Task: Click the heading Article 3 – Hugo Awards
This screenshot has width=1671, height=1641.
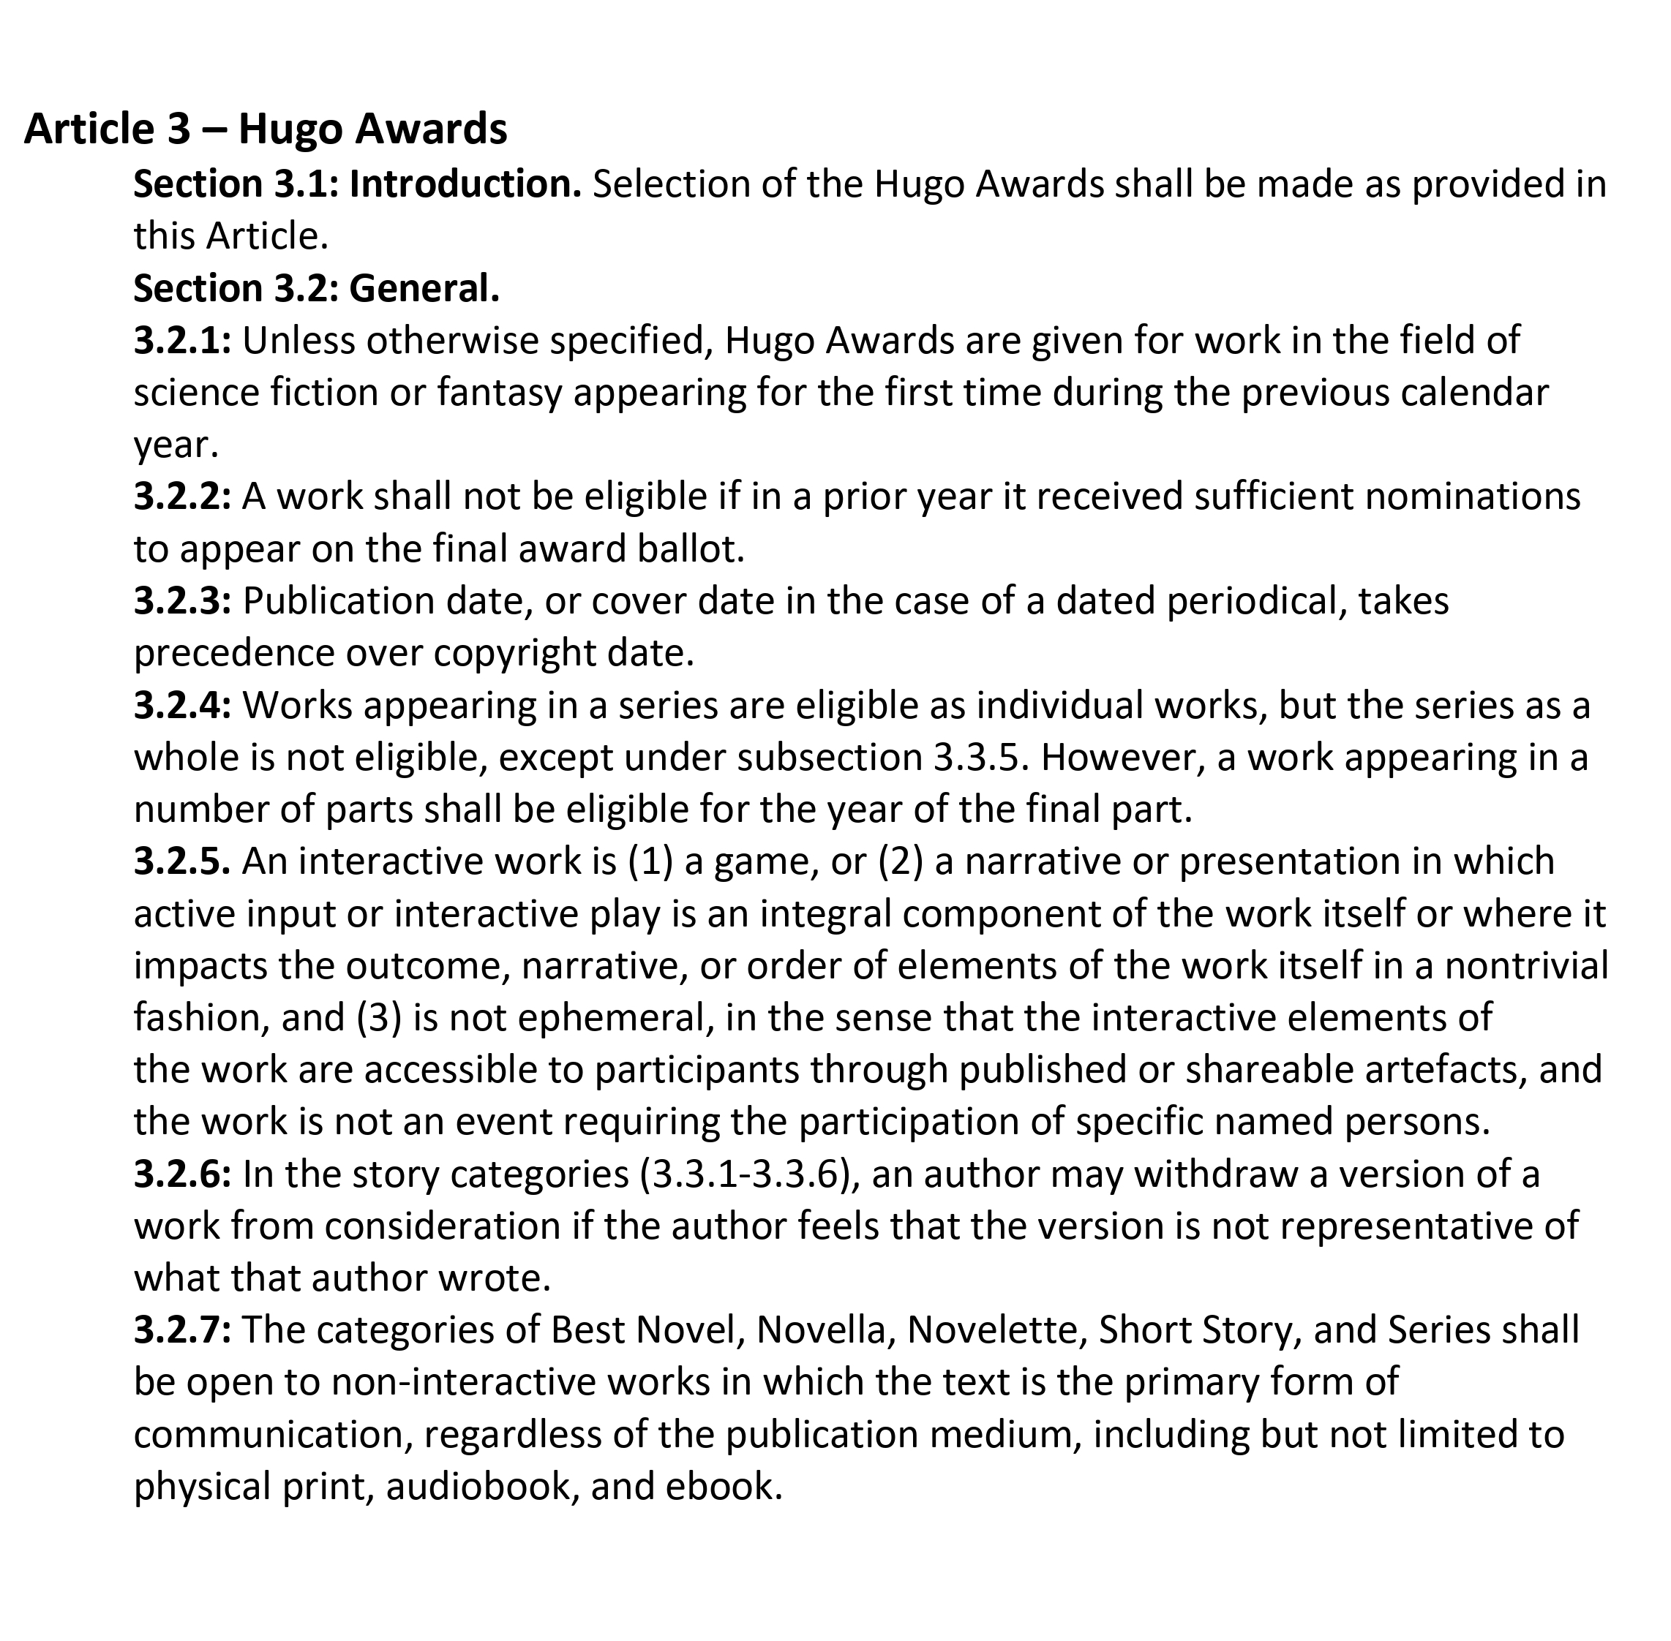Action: coord(266,129)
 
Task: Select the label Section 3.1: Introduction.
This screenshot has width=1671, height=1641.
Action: coord(358,184)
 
